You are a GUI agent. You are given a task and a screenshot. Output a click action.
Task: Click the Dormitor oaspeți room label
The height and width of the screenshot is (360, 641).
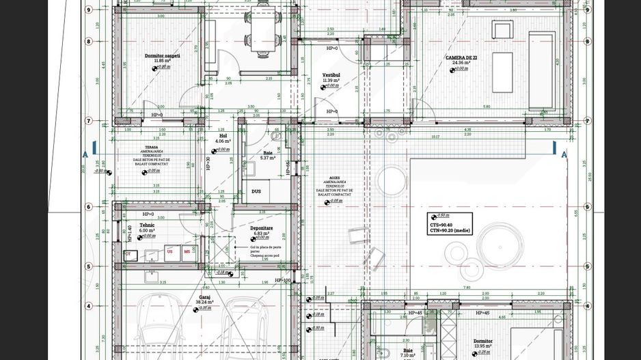(x=163, y=56)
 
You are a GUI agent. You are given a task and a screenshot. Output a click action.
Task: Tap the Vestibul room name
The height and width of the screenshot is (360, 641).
(x=331, y=75)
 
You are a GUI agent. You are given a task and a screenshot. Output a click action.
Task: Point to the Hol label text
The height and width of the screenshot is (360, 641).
(x=223, y=136)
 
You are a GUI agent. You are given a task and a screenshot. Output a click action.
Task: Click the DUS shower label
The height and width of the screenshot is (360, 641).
(x=256, y=191)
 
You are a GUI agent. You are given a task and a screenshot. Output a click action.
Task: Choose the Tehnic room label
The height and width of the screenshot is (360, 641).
(x=147, y=225)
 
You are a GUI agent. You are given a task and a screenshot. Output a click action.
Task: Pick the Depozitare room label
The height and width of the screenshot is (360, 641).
(x=261, y=227)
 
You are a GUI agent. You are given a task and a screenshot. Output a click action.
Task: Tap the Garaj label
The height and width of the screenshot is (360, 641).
(x=204, y=297)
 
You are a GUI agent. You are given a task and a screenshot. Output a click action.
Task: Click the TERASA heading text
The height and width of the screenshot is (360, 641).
(x=151, y=147)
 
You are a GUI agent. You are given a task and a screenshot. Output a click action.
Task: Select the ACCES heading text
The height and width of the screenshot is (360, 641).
(x=333, y=176)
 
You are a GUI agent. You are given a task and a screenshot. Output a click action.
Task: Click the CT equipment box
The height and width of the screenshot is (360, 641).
(x=128, y=254)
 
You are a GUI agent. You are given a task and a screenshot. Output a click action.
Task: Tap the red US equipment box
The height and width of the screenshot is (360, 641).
(x=169, y=251)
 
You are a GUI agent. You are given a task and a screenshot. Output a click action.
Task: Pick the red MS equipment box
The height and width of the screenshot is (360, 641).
(x=187, y=251)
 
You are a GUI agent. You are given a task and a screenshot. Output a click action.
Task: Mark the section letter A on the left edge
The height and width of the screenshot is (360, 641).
(x=85, y=154)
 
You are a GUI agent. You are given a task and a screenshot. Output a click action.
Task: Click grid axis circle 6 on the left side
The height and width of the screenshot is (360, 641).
(x=89, y=207)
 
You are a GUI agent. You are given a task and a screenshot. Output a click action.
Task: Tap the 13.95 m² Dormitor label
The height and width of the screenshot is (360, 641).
(x=482, y=341)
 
